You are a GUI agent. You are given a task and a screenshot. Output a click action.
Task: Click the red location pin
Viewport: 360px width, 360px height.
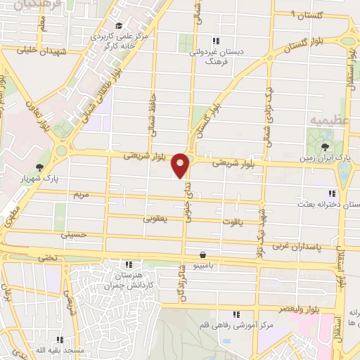coord(181,165)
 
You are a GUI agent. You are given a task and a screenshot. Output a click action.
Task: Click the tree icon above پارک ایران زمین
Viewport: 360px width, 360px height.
coord(325,146)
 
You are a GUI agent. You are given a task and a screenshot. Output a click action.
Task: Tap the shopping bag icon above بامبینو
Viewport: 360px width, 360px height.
coord(202,255)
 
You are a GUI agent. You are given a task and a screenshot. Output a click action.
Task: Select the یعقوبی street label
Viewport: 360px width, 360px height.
coord(156,219)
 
